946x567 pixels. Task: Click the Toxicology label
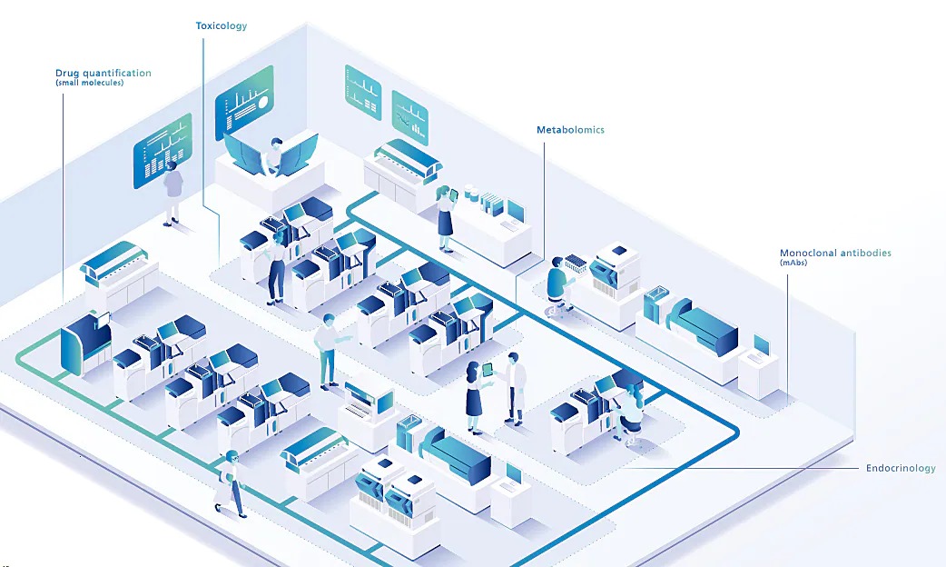[x=221, y=26]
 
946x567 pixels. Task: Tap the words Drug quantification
[x=103, y=73]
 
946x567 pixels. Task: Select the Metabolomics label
[x=570, y=130]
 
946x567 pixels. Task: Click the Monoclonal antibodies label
[x=835, y=253]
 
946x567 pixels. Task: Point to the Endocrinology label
[x=901, y=468]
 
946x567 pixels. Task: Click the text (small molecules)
[x=89, y=83]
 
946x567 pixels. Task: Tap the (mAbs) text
[x=793, y=263]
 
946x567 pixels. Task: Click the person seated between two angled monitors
[x=274, y=155]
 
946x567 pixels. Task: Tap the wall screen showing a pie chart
[x=244, y=103]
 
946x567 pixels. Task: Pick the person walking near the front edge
[x=231, y=483]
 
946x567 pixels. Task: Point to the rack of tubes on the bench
[x=576, y=264]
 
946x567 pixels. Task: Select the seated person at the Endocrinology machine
[x=627, y=413]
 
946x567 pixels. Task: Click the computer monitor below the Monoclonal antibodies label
[x=762, y=345]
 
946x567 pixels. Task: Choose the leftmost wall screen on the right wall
[x=363, y=93]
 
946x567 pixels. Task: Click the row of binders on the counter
[x=492, y=204]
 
